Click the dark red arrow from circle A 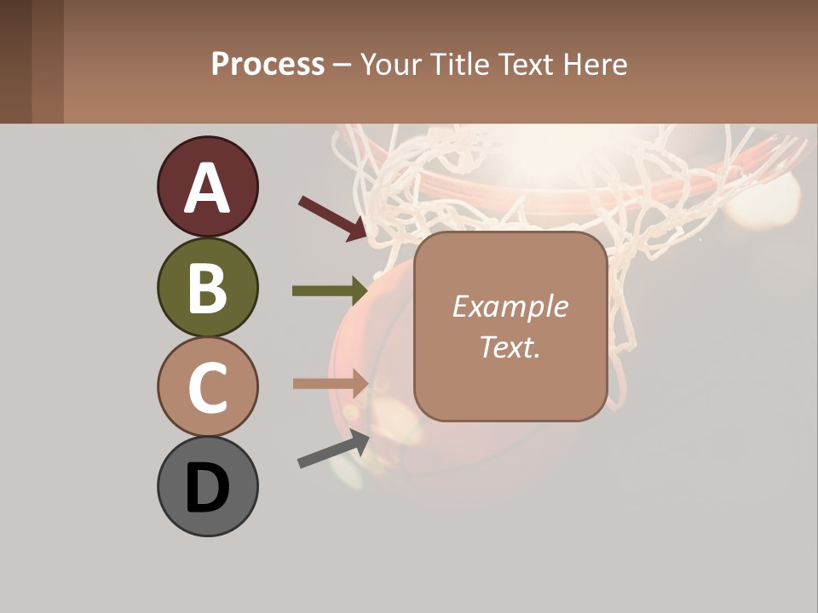(332, 218)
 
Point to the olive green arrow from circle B (329, 291)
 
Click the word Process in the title (268, 64)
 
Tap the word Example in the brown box (510, 306)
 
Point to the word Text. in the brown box (510, 347)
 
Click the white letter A (207, 188)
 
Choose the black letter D (207, 489)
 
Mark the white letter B (207, 289)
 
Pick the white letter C (207, 388)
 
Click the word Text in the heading (522, 64)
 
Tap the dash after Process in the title (342, 65)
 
